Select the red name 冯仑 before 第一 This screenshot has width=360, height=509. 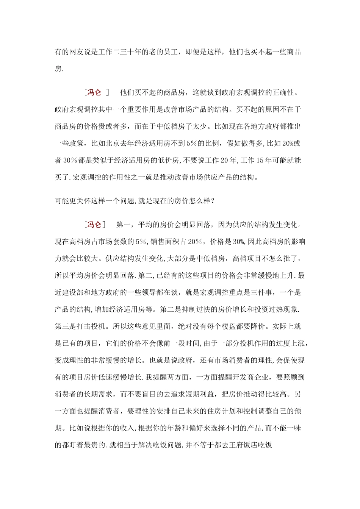(94, 225)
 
